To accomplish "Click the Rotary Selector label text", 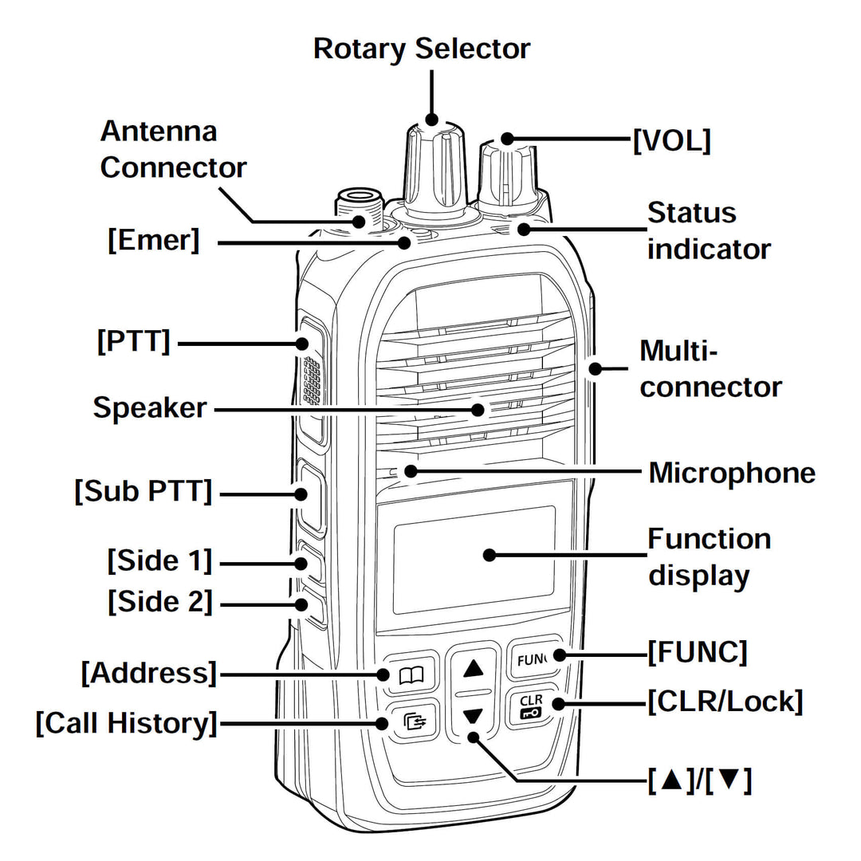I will point(421,49).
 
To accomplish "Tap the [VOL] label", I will point(671,141).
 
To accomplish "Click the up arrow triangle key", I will point(474,668).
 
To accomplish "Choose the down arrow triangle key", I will point(474,715).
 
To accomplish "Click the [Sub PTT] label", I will point(144,492).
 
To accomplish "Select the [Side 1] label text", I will point(160,560).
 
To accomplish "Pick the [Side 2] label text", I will point(160,602).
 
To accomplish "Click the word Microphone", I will point(732,473).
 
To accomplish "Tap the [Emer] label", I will point(154,240).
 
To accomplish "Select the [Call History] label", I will point(126,723).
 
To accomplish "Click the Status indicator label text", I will point(708,231).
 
